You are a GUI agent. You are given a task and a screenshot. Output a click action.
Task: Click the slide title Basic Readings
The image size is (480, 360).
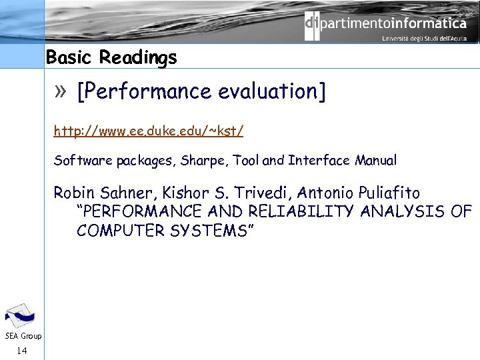click(x=111, y=58)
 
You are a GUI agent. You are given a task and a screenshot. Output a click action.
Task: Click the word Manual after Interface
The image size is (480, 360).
click(x=376, y=161)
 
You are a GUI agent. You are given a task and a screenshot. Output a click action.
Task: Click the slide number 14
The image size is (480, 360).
click(x=22, y=349)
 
